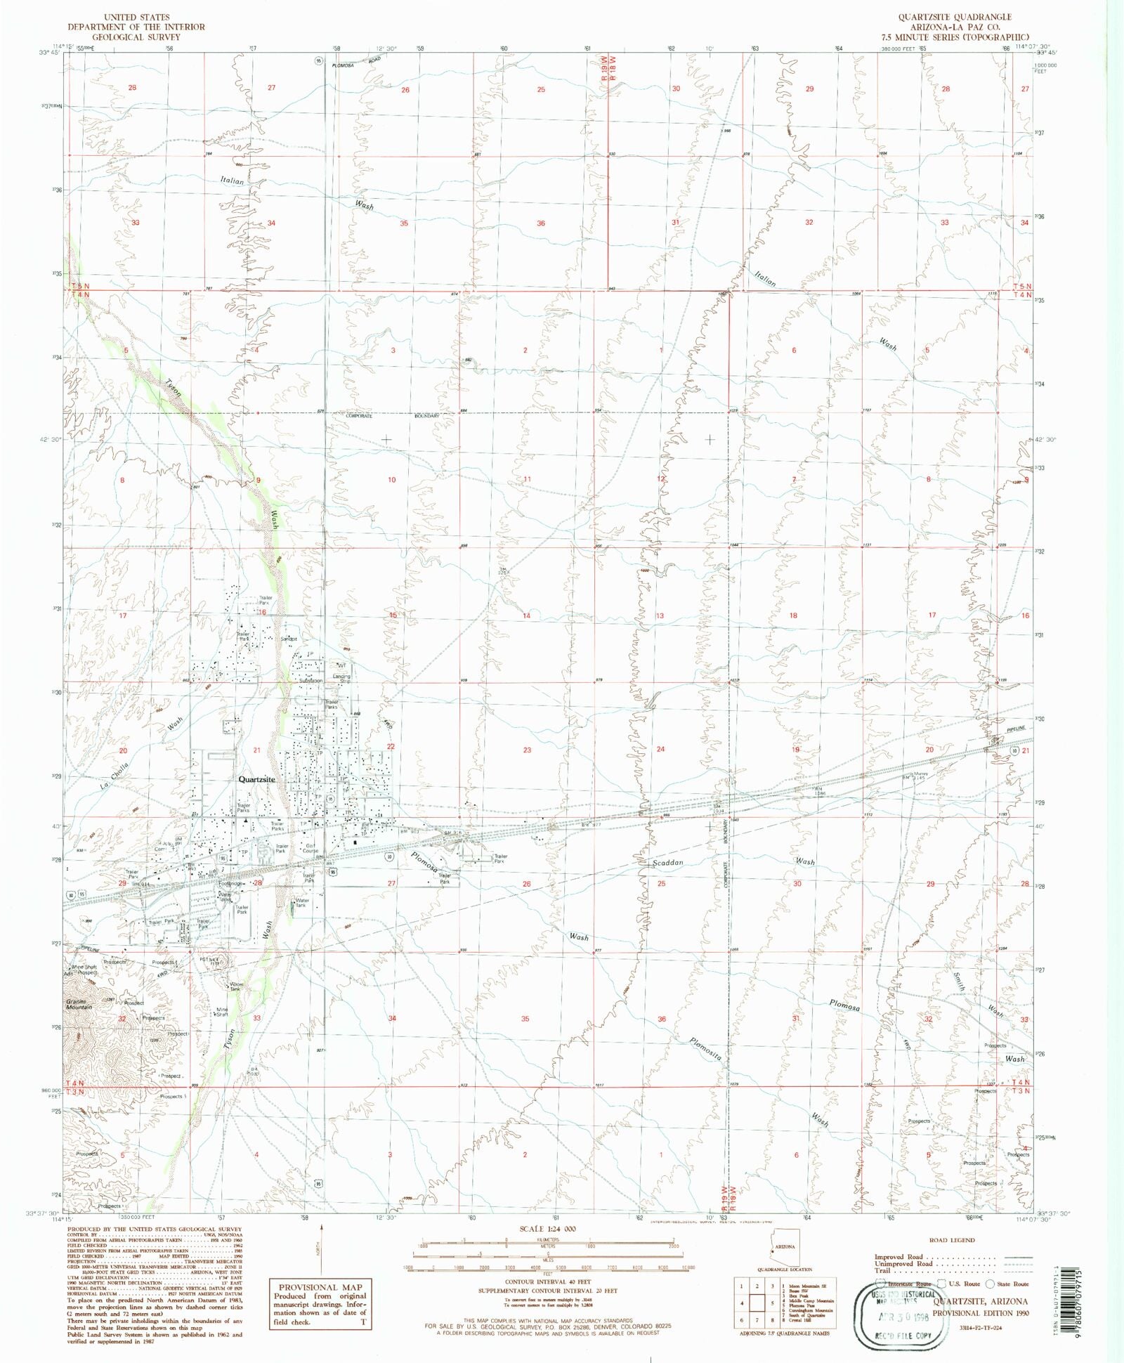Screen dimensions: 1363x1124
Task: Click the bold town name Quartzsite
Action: point(256,779)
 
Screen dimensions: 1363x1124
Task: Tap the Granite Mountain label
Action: point(79,1005)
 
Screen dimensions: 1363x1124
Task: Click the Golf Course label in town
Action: point(310,848)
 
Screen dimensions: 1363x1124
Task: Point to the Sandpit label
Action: point(289,639)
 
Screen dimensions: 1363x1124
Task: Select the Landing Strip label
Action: point(341,679)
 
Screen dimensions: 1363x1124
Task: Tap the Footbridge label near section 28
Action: point(230,884)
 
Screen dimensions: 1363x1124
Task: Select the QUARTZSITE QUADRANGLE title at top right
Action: point(954,17)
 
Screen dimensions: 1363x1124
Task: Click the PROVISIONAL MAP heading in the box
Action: point(318,1288)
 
